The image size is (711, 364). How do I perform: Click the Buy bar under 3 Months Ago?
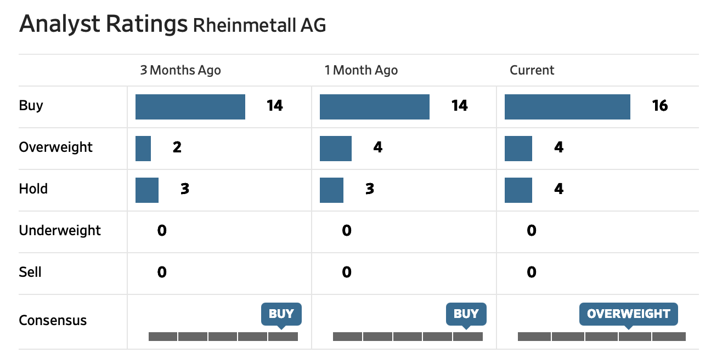pos(190,107)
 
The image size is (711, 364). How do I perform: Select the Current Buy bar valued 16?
pos(567,107)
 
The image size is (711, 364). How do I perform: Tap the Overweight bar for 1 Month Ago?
pos(336,149)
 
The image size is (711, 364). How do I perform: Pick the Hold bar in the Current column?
pos(518,190)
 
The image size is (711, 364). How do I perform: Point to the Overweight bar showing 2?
pos(143,149)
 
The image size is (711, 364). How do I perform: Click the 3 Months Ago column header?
pos(180,70)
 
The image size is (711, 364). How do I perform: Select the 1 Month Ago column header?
pos(361,70)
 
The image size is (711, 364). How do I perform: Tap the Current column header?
pos(532,70)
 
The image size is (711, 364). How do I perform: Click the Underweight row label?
pos(60,230)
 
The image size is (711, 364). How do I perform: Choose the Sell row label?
pos(30,272)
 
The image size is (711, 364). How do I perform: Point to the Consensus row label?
pos(53,320)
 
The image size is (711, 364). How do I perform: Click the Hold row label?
pos(33,189)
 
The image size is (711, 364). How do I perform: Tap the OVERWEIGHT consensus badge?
pos(629,314)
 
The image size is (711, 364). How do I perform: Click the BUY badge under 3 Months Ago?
pos(281,314)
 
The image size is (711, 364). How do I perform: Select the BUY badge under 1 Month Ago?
pos(466,314)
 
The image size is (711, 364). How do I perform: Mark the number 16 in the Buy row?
pos(660,106)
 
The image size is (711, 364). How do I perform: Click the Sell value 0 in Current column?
pos(532,272)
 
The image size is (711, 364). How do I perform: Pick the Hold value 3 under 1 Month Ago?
pos(370,189)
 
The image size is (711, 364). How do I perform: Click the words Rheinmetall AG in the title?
pos(259,25)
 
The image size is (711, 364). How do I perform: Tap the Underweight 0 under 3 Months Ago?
pos(162,230)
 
